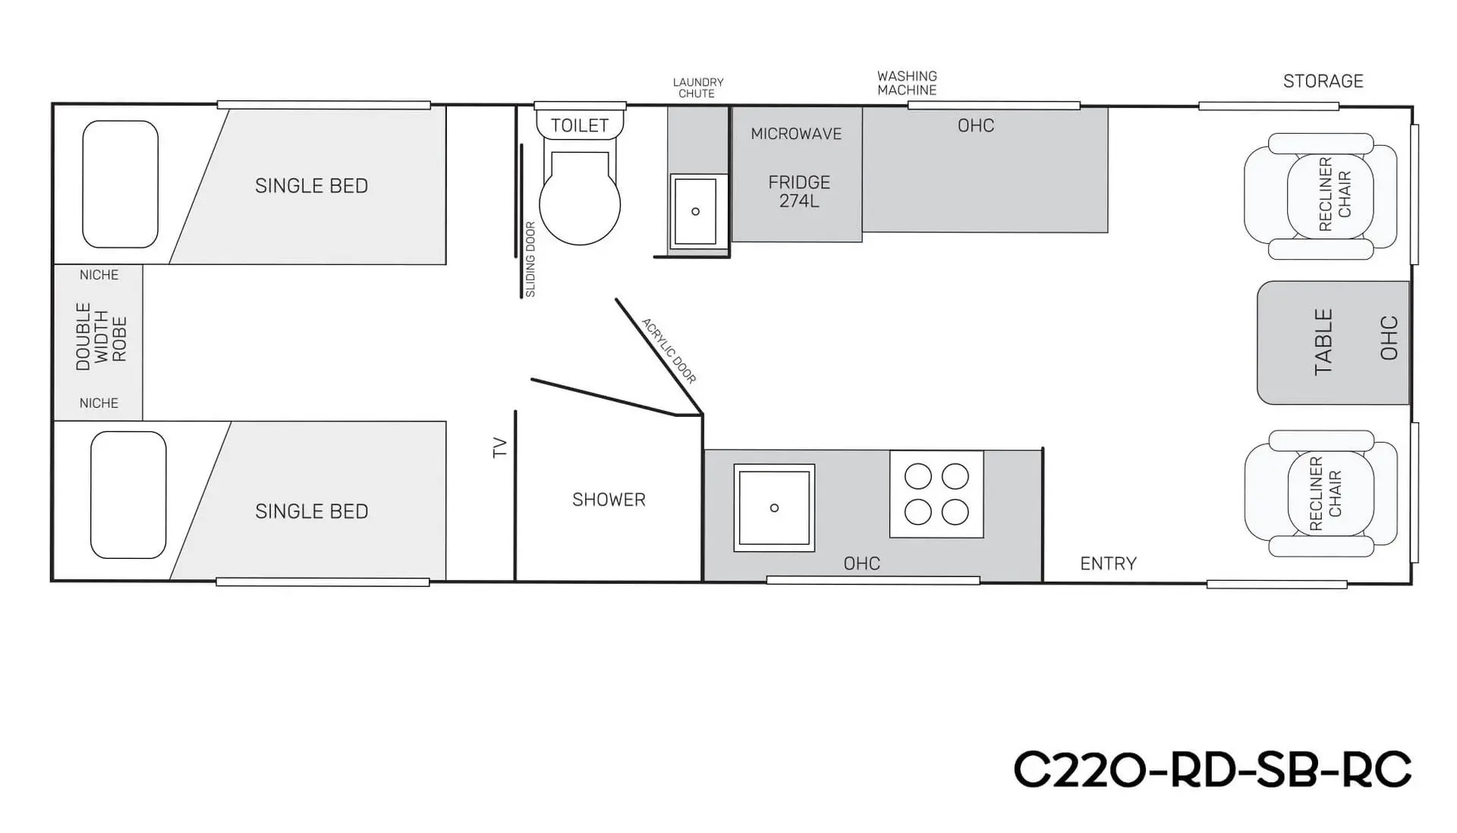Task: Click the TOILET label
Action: [x=580, y=125]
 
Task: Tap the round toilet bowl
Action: [x=580, y=204]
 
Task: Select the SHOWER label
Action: [x=609, y=500]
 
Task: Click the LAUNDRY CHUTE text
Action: [x=697, y=87]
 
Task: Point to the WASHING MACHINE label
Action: [x=907, y=83]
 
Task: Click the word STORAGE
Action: [x=1323, y=81]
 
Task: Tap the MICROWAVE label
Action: [x=796, y=134]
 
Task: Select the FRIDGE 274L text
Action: [x=799, y=191]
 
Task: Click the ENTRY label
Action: [x=1108, y=563]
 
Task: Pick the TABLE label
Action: [x=1323, y=342]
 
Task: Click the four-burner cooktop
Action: [x=936, y=494]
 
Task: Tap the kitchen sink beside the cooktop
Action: [x=774, y=507]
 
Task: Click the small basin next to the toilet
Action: [x=695, y=211]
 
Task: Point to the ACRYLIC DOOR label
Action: [x=669, y=351]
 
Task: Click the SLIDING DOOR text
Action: [x=530, y=259]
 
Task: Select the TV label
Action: [x=499, y=447]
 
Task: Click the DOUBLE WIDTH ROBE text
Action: [x=100, y=336]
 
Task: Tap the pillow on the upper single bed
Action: [x=120, y=184]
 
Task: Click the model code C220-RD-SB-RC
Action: [x=1212, y=770]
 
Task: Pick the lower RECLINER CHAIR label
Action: [x=1326, y=494]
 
